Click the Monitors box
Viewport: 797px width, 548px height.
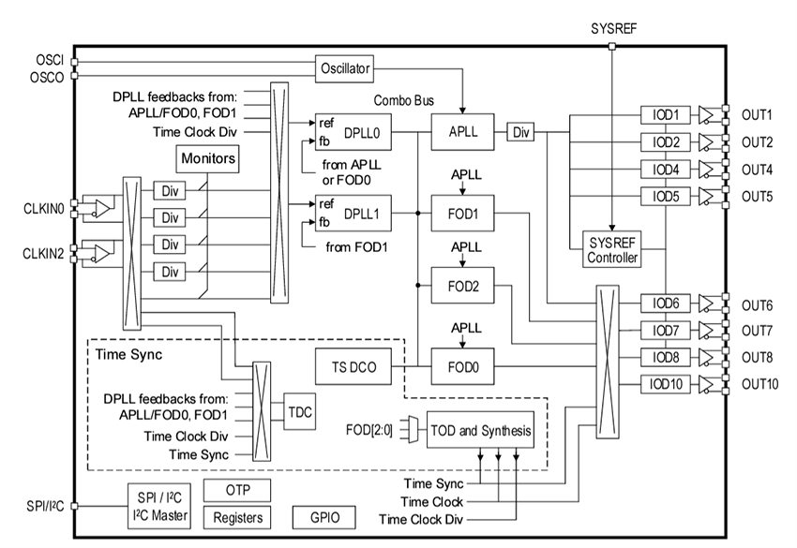207,159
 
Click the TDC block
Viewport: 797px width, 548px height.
299,411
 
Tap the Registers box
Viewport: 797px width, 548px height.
238,517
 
